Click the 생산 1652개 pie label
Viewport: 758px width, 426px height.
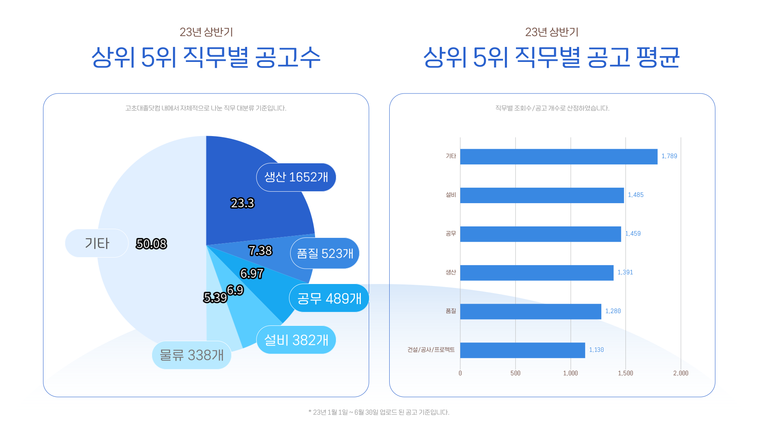296,177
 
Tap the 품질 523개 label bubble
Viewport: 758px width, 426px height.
325,253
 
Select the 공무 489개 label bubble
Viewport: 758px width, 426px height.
329,298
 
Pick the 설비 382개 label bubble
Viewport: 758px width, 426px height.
296,340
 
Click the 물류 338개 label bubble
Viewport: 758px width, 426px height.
191,355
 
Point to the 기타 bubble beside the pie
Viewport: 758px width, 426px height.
97,243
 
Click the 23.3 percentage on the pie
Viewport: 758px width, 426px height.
242,203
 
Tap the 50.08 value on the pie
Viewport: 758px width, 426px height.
151,244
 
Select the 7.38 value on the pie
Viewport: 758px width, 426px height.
260,250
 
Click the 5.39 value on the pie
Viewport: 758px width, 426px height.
215,297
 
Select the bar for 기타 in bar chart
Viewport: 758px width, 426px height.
559,157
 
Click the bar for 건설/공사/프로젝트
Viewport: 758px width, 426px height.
522,350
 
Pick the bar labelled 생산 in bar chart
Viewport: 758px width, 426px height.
537,273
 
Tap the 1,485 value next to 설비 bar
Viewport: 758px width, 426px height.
636,195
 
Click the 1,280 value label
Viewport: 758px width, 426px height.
613,311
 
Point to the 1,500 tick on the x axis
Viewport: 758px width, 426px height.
625,373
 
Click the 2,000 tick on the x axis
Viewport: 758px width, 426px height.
681,373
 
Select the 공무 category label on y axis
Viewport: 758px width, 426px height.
450,234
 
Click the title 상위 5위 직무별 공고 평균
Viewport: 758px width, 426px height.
551,57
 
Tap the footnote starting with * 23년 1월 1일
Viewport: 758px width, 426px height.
379,412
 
